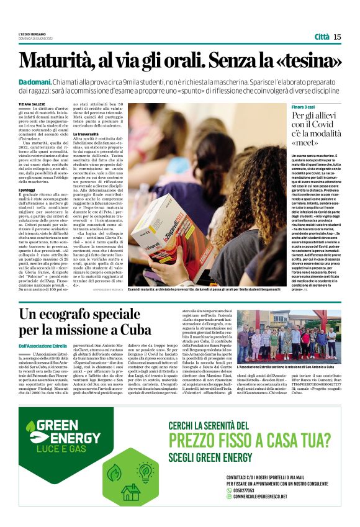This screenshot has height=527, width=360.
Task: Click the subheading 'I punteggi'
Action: [27, 189]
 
